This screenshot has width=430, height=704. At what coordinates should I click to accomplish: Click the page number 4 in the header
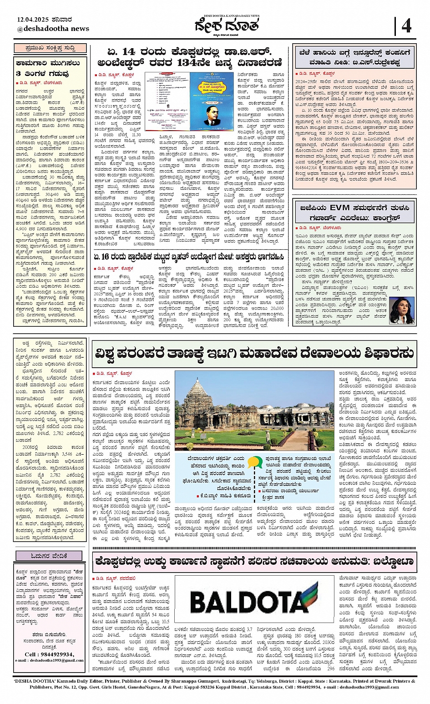[x=406, y=26]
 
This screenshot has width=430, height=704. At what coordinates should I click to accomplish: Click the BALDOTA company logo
[x=255, y=603]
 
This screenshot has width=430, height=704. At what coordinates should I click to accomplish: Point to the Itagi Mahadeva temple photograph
[x=255, y=411]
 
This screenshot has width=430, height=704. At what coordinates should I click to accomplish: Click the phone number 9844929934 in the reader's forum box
[x=50, y=654]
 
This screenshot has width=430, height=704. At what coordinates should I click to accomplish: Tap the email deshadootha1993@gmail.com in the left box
[x=50, y=660]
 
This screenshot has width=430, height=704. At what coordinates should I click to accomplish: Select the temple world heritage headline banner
[x=254, y=353]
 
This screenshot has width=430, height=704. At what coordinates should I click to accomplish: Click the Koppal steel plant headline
[x=254, y=562]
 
